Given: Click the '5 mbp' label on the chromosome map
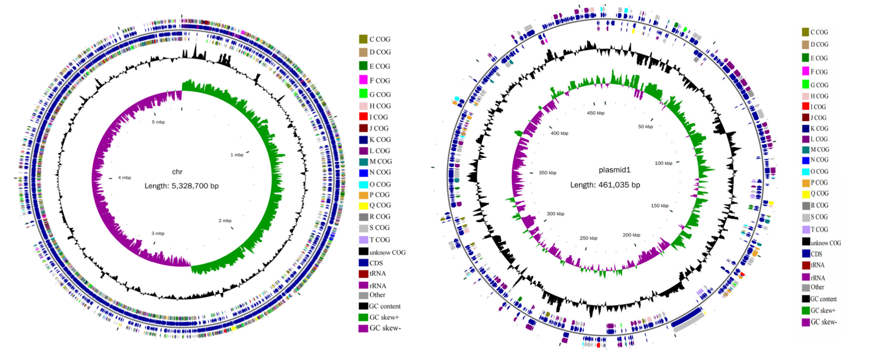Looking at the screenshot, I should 158,122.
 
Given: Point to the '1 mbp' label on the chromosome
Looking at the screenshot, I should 237,155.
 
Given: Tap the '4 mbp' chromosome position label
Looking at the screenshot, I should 124,178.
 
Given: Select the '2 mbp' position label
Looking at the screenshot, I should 225,221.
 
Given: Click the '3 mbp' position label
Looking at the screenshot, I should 158,234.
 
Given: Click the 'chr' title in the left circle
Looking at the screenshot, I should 177,172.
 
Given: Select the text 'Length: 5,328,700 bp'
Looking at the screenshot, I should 181,186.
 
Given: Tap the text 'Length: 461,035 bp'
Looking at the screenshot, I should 605,185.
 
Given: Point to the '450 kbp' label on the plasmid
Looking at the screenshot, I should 595,113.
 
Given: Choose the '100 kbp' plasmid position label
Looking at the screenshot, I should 663,163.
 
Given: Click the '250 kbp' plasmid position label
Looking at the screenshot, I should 588,238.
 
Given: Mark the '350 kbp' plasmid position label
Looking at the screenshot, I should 547,173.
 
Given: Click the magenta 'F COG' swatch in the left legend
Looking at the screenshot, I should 363,80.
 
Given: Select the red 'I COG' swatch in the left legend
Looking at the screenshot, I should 363,117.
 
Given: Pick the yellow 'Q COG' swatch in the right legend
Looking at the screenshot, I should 806,194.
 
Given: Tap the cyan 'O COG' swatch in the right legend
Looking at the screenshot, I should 806,171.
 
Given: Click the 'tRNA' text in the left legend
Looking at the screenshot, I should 377,274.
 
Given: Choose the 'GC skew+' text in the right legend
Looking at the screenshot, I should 823,311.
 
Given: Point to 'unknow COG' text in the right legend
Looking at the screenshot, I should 826,243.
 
